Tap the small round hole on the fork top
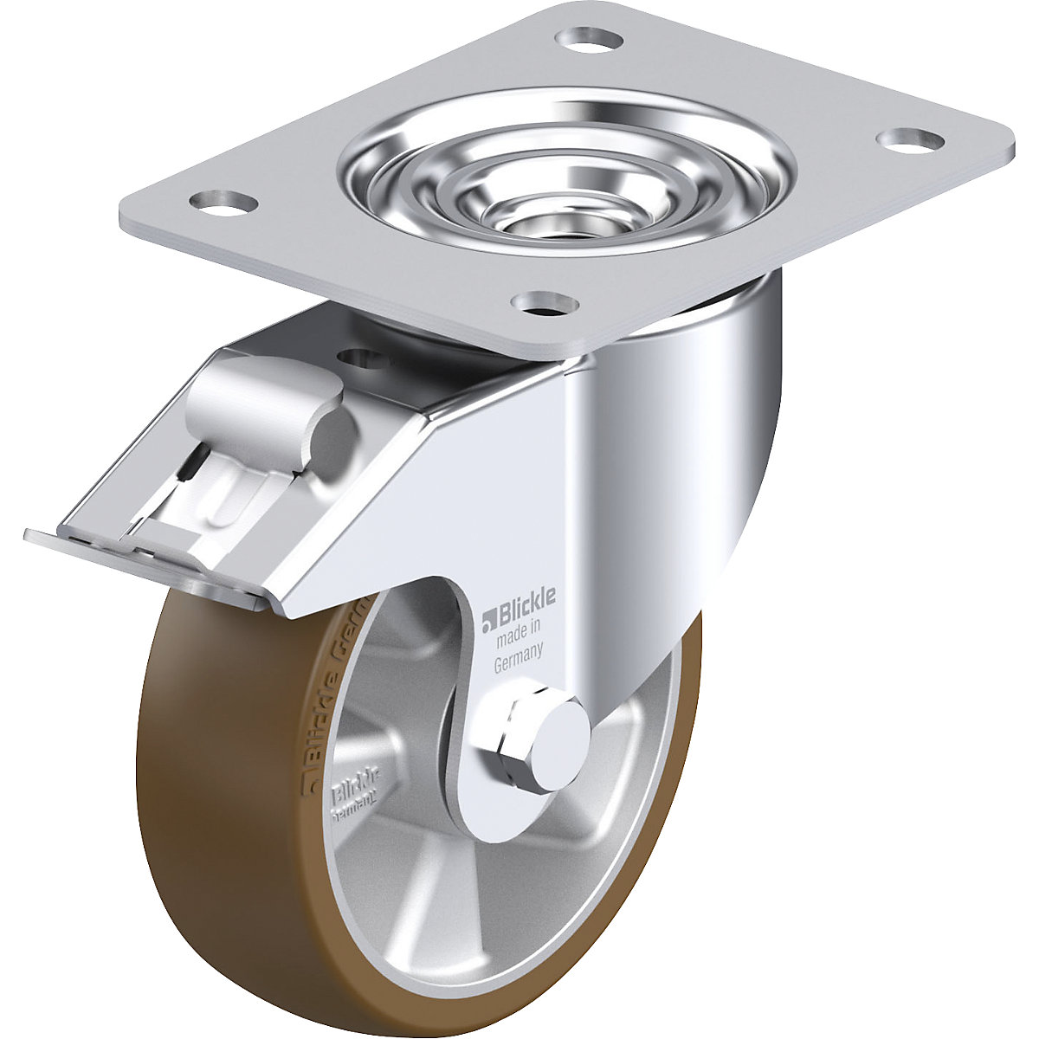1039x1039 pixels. [x=358, y=355]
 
